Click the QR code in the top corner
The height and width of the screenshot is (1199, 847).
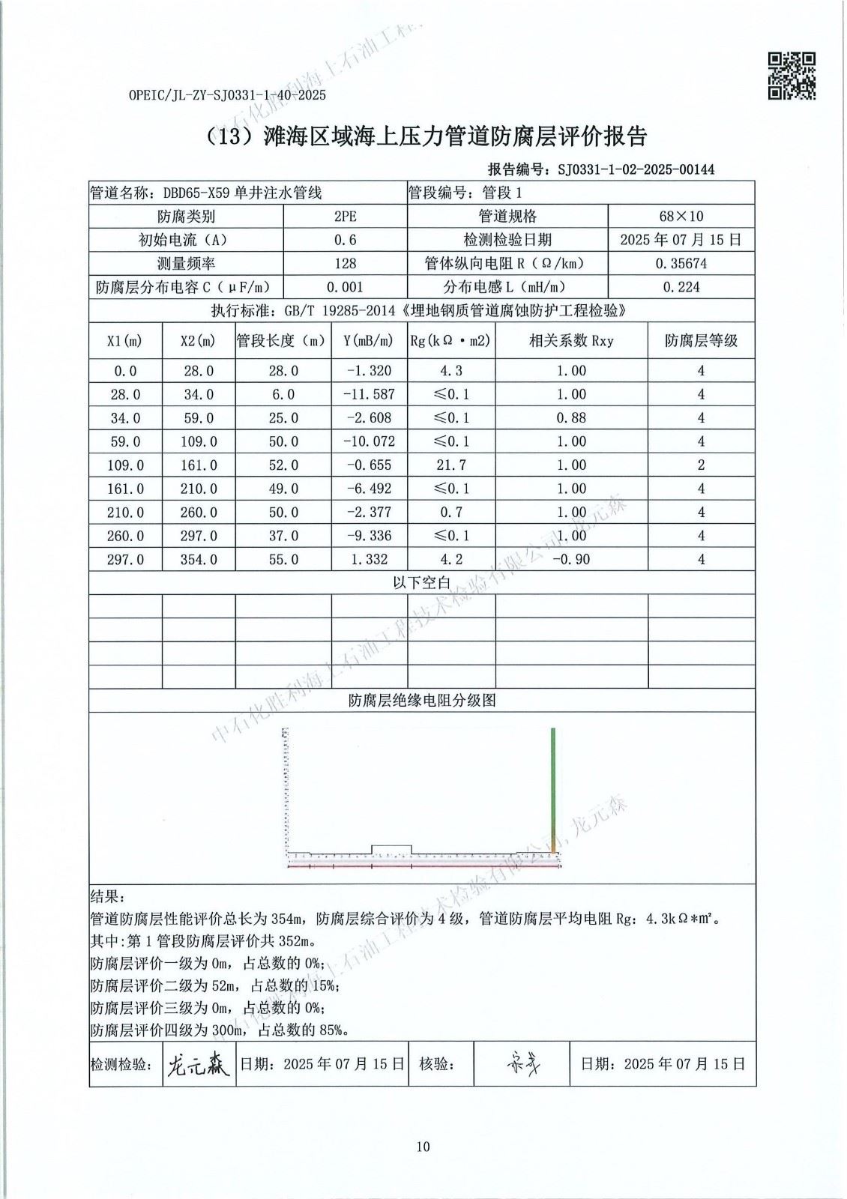coord(792,76)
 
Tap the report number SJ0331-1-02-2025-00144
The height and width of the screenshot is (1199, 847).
coord(636,169)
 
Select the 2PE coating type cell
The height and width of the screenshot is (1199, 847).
coord(346,217)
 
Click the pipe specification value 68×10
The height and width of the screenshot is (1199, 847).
coord(681,217)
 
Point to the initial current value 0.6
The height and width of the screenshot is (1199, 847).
coord(346,240)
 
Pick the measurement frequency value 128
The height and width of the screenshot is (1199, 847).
coord(346,264)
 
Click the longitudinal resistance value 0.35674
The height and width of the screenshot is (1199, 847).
coord(681,264)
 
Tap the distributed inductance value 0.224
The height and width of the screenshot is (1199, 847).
coord(681,287)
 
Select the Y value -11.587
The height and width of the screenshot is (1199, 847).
coord(368,394)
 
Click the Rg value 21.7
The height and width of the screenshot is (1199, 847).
coord(450,465)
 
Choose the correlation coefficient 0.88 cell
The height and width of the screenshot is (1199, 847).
coord(571,418)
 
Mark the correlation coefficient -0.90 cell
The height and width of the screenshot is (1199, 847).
coord(571,560)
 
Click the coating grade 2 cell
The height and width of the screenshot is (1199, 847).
coord(701,465)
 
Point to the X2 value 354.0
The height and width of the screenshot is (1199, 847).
coord(199,560)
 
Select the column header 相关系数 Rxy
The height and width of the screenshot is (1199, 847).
coord(571,341)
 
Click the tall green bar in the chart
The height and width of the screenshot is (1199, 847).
coord(553,787)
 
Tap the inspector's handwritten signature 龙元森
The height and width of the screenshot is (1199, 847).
coord(196,1063)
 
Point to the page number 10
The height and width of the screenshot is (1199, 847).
coord(423,1146)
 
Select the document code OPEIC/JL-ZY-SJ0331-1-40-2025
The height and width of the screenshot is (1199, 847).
coord(227,95)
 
